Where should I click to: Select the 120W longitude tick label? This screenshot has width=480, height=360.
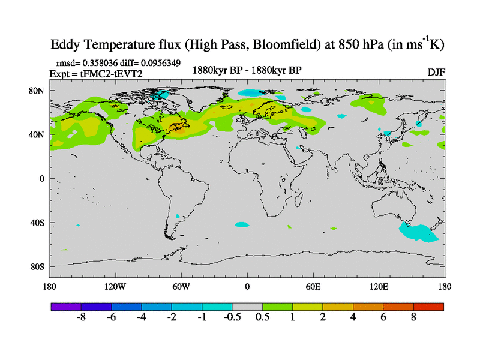115,287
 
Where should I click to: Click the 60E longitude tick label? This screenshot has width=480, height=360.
313,287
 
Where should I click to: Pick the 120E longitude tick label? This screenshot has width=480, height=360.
379,287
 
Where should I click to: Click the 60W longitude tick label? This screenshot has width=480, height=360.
181,287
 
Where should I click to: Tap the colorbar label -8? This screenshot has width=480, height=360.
82,317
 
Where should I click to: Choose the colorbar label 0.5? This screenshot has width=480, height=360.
262,317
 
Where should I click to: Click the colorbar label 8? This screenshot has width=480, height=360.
413,317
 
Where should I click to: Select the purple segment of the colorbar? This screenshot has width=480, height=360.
66,306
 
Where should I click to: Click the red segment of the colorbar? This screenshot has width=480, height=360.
428,306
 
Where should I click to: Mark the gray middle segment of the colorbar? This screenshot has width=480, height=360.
247,306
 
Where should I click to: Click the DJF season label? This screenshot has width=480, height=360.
436,72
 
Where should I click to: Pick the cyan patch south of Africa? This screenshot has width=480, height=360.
241,224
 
